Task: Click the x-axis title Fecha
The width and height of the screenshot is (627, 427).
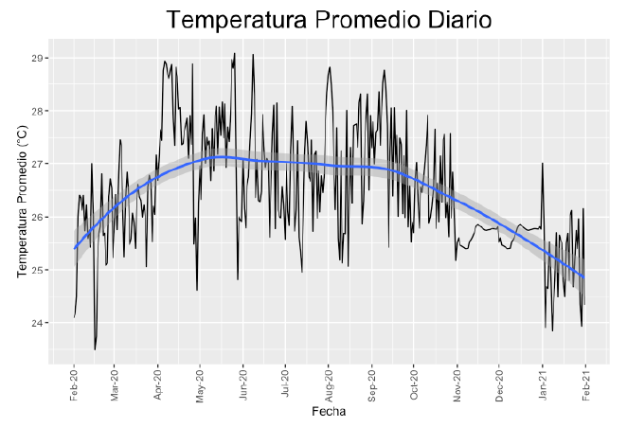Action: click(x=329, y=413)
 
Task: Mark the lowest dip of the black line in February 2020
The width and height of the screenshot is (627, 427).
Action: click(x=95, y=349)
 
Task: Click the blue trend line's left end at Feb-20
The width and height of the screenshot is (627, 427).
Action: click(x=74, y=248)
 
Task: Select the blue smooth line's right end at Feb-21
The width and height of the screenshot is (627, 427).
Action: click(x=584, y=278)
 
